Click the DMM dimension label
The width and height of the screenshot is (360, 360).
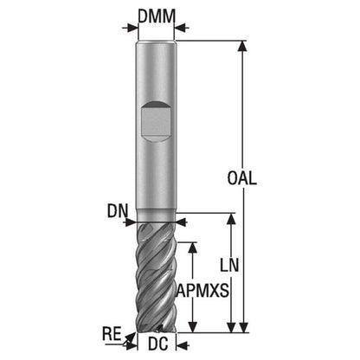[x=157, y=16]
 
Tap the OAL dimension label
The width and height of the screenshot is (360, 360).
[x=241, y=178]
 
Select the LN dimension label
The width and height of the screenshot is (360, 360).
[x=229, y=265]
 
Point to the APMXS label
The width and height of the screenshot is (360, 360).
[x=202, y=290]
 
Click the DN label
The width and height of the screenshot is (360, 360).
[x=118, y=211]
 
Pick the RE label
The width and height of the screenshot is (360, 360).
[x=112, y=334]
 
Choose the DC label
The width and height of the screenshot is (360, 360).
[x=158, y=344]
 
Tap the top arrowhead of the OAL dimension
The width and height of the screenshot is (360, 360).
[x=243, y=46]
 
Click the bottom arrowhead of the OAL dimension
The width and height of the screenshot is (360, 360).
[x=244, y=327]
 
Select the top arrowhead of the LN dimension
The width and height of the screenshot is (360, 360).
[x=231, y=219]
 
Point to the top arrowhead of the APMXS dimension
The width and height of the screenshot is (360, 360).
[x=193, y=247]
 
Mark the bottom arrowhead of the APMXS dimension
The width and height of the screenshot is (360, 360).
[x=193, y=327]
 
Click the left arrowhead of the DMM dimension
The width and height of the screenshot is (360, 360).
[x=133, y=29]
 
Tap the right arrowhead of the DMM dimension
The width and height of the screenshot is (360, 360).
[x=180, y=28]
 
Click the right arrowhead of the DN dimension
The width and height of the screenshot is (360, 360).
[x=181, y=222]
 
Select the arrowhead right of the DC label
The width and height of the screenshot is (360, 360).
[x=181, y=344]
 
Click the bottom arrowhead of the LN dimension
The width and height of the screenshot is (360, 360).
[x=231, y=327]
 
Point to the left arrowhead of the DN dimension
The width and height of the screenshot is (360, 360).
[x=131, y=222]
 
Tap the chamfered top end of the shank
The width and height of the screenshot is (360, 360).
[x=156, y=42]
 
